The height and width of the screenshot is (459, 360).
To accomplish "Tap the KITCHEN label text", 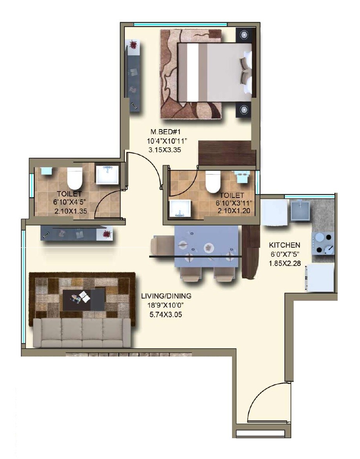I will coord(285,245).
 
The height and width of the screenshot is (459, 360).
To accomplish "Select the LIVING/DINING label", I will coord(166,296).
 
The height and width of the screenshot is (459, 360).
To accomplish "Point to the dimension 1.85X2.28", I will coord(285,263).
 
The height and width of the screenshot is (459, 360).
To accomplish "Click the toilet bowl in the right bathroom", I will coord(213,181).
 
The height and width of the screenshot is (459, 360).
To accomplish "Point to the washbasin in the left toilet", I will coord(107,175).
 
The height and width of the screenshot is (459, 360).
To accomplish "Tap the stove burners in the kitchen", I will coord(323,243).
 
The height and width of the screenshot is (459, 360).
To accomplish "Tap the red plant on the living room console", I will coord(106,234).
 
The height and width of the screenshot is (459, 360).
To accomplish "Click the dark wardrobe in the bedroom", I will coord(227,153).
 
